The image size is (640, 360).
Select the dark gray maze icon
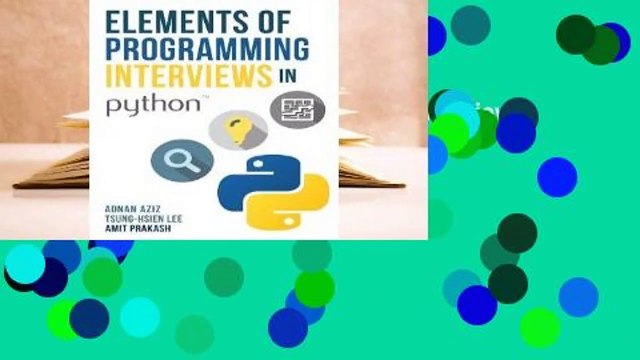[298, 111]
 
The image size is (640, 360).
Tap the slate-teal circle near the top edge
[470, 24]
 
